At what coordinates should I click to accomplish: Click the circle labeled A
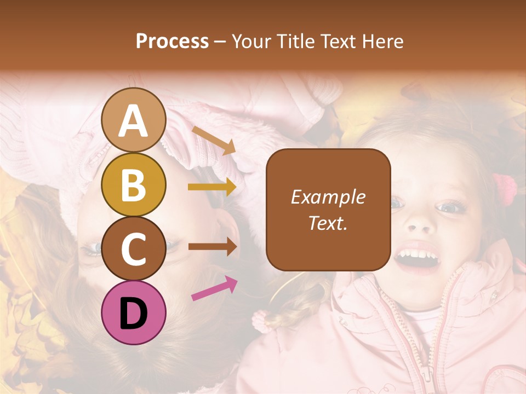tap(134, 120)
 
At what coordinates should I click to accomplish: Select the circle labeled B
tap(134, 185)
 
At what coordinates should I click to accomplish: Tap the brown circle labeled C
tap(134, 248)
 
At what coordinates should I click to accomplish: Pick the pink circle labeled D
tap(134, 312)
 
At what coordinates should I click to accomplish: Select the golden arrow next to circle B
tap(212, 187)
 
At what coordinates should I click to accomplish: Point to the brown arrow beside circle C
tap(212, 246)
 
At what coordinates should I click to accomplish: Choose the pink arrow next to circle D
tap(214, 288)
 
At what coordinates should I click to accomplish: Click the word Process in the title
tap(172, 41)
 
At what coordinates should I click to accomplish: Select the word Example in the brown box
tap(328, 197)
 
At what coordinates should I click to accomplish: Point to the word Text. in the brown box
tap(328, 223)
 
